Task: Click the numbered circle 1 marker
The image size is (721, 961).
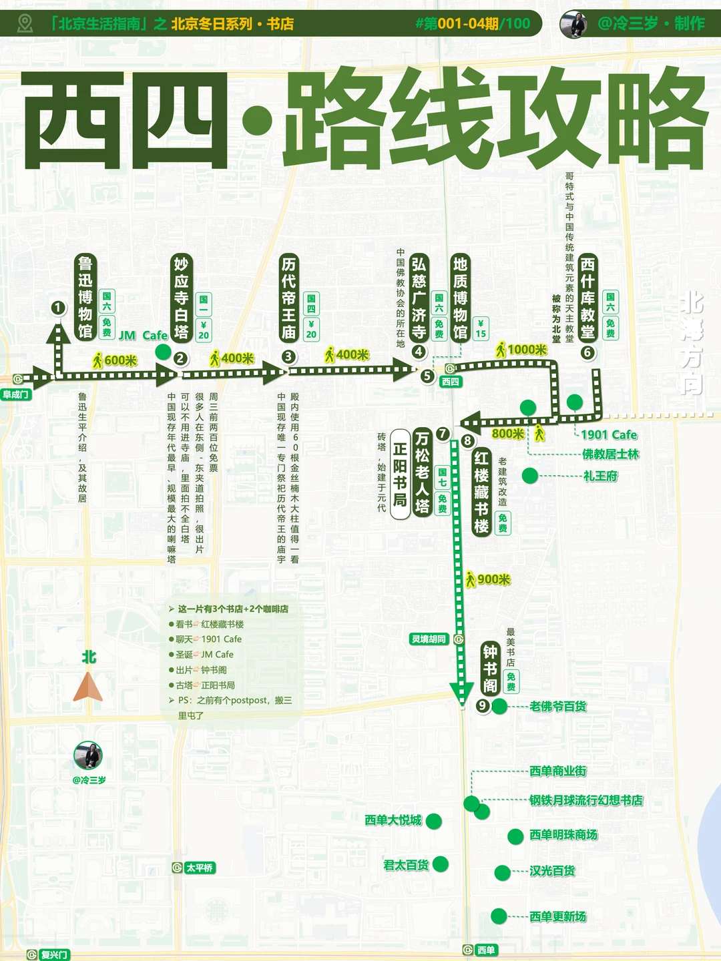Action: click(x=58, y=308)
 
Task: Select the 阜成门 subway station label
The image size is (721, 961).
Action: click(x=16, y=394)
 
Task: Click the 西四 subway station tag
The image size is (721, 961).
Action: click(x=451, y=382)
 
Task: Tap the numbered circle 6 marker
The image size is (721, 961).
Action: click(x=587, y=352)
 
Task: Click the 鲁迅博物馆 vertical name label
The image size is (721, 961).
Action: click(x=85, y=297)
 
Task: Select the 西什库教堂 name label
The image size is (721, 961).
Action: click(x=587, y=297)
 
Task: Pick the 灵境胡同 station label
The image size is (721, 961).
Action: click(x=429, y=639)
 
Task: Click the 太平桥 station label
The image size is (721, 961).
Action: click(x=200, y=868)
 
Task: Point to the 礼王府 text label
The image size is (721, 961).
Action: click(x=600, y=476)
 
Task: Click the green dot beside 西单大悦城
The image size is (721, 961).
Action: click(x=434, y=821)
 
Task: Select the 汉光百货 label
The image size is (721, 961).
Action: click(x=552, y=871)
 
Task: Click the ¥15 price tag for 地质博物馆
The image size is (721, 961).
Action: click(x=481, y=329)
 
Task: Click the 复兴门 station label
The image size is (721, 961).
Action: click(x=54, y=955)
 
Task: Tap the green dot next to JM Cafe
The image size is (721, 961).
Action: click(x=162, y=352)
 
